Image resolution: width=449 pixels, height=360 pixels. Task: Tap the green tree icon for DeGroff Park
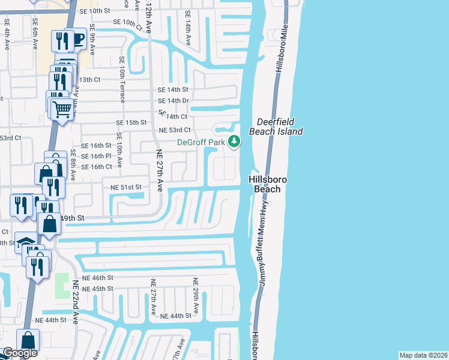pyautogui.click(x=234, y=142)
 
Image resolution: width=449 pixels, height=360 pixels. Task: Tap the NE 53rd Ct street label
pyautogui.click(x=174, y=130)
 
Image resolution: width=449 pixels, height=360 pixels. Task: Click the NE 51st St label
pyautogui.click(x=125, y=187)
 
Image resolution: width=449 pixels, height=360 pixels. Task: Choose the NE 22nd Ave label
pyautogui.click(x=76, y=304)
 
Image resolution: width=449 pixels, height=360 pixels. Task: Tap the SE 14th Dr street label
pyautogui.click(x=173, y=101)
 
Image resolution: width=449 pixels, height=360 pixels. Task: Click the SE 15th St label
pyautogui.click(x=131, y=122)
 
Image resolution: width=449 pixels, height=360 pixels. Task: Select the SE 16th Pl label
pyautogui.click(x=96, y=155)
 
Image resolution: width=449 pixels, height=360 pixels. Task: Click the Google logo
pyautogui.click(x=19, y=353)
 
